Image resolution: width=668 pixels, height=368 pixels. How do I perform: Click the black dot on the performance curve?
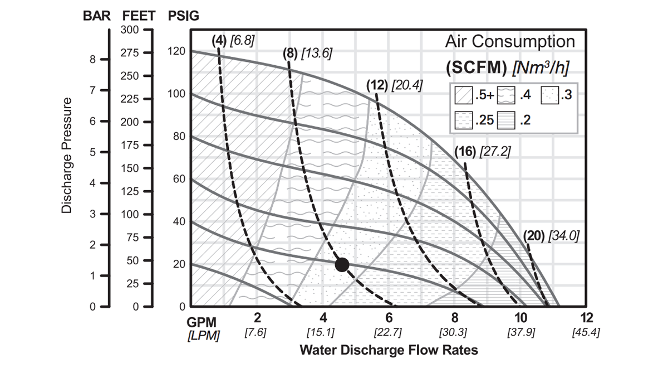pyautogui.click(x=342, y=265)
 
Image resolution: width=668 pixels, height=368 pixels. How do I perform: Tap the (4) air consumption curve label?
pyautogui.click(x=219, y=40)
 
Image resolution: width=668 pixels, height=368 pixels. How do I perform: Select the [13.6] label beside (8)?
pyautogui.click(x=316, y=54)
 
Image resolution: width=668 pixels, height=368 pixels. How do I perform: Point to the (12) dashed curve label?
pyautogui.click(x=377, y=85)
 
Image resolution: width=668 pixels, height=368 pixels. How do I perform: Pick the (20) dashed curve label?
pyautogui.click(x=534, y=236)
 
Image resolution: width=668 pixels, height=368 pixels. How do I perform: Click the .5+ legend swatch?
pyautogui.click(x=463, y=95)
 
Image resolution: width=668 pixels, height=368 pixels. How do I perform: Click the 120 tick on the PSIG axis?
pyautogui.click(x=178, y=51)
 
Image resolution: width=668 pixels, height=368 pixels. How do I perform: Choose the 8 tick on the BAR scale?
pyautogui.click(x=94, y=59)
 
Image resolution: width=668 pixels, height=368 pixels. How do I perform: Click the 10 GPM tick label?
pyautogui.click(x=520, y=318)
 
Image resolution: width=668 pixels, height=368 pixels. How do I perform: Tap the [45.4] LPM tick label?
pyautogui.click(x=586, y=332)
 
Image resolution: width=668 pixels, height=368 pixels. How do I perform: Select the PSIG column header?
pyautogui.click(x=183, y=16)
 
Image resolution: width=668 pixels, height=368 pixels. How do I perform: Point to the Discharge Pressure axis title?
pyautogui.click(x=67, y=156)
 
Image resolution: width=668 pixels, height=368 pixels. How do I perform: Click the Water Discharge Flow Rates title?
pyautogui.click(x=389, y=351)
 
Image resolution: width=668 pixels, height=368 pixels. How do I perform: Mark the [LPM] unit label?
pyautogui.click(x=203, y=335)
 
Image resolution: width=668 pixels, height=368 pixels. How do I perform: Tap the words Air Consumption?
pyautogui.click(x=509, y=42)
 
